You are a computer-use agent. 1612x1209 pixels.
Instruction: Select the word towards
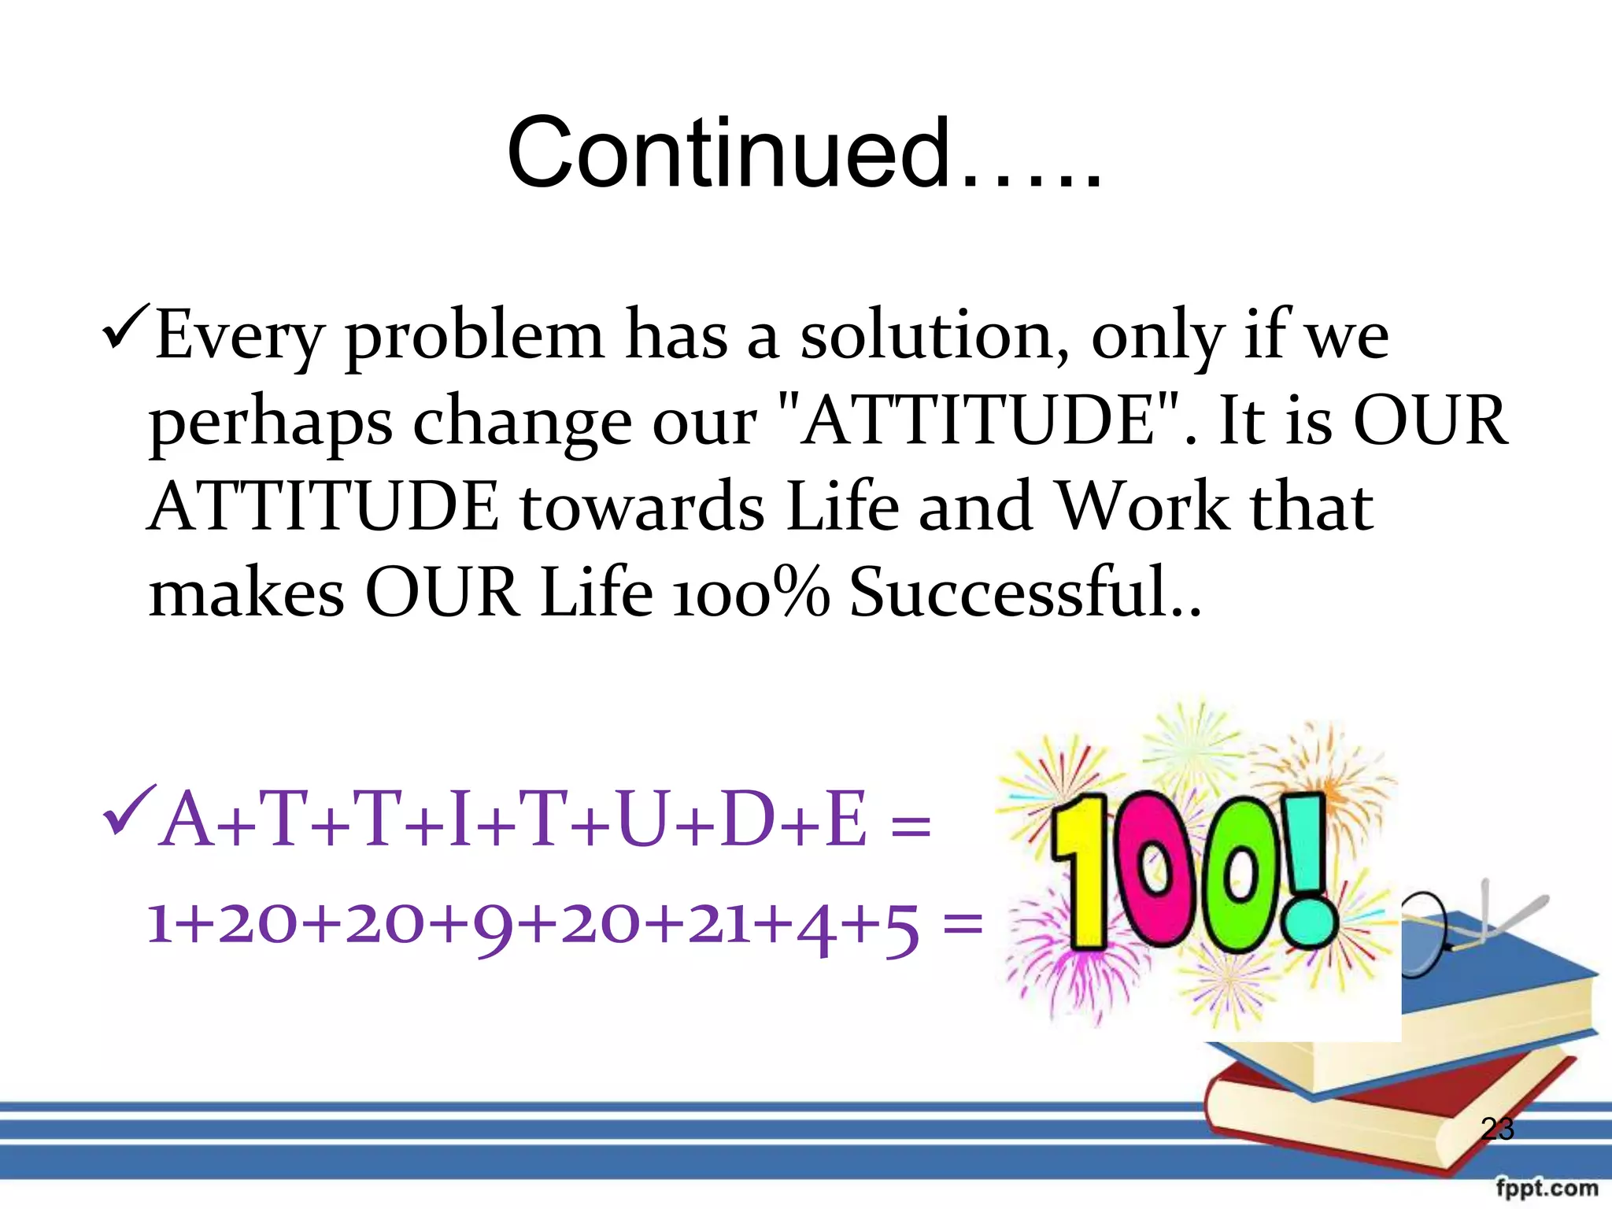[641, 508]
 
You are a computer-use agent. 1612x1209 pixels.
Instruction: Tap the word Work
[1141, 508]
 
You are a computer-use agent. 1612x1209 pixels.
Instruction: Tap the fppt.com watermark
[1546, 1188]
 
